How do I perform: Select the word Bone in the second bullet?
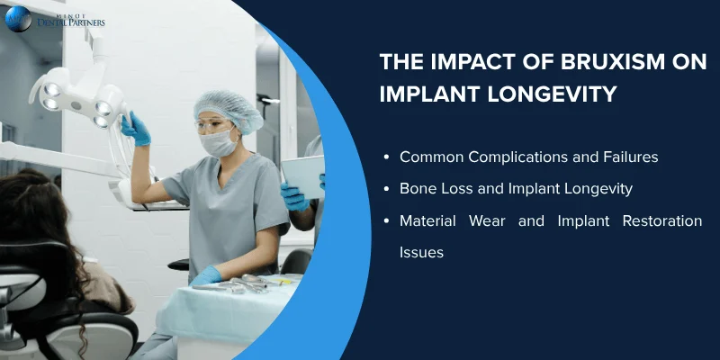[x=417, y=189]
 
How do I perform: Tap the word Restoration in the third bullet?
[x=662, y=221]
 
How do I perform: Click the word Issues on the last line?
[x=421, y=253]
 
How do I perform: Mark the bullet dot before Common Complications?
[x=385, y=157]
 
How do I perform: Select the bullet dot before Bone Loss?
[x=385, y=190]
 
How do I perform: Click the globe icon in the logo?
[x=17, y=18]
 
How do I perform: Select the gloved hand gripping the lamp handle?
[x=136, y=129]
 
